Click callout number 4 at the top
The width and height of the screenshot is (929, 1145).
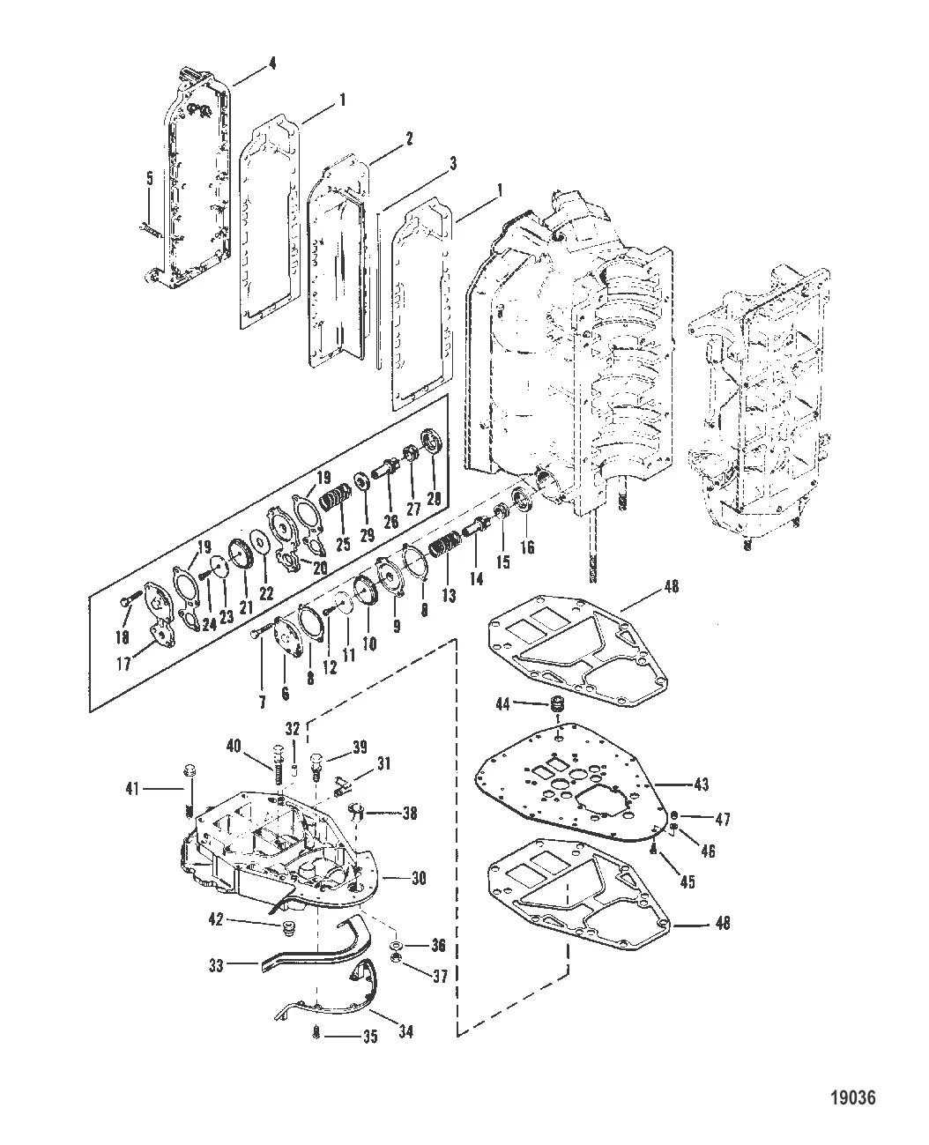[x=272, y=63]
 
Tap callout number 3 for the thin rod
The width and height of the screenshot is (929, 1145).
[x=427, y=163]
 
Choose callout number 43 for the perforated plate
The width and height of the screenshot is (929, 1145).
[x=701, y=784]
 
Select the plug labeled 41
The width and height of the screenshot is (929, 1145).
[x=188, y=773]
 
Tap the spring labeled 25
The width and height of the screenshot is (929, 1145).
[x=329, y=506]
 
